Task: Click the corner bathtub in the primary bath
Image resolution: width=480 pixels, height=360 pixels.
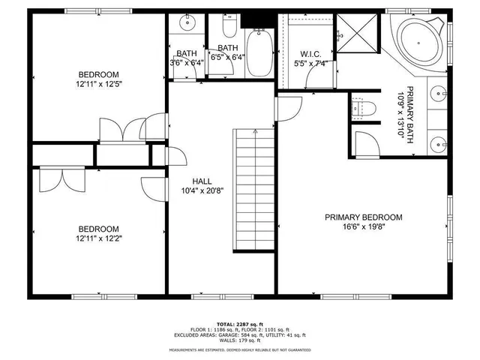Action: (419, 40)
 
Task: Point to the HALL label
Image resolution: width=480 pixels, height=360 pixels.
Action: (202, 181)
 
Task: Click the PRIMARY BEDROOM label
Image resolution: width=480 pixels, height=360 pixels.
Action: (363, 217)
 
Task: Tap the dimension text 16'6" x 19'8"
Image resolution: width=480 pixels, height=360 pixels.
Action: (363, 227)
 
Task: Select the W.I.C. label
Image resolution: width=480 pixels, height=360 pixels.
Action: (310, 53)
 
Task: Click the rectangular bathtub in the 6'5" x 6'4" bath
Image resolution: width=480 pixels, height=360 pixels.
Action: (258, 52)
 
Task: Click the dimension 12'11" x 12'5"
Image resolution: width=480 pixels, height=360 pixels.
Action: (99, 84)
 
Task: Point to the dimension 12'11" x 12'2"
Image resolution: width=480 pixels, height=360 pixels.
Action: (99, 239)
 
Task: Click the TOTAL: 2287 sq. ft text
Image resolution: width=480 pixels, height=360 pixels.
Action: (239, 322)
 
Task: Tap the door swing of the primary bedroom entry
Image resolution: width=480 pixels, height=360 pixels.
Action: (287, 108)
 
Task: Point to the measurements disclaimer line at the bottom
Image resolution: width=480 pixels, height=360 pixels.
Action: (239, 350)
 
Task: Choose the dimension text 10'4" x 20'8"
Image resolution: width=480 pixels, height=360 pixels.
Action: (202, 190)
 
